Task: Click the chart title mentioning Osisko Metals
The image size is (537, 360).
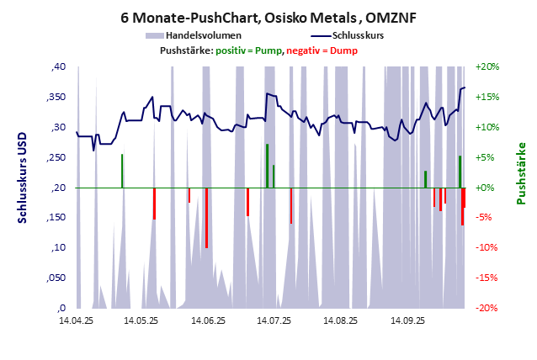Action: pos(268,16)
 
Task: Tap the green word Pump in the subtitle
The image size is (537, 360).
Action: pos(268,51)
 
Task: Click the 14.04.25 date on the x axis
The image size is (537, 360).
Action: pos(76,320)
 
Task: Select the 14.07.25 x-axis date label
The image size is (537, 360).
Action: pos(274,320)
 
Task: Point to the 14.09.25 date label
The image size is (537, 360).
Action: pos(406,320)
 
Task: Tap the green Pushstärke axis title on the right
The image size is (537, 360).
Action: pos(520,173)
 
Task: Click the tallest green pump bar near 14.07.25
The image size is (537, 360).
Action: pos(267,166)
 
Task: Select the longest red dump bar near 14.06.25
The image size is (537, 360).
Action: pos(206,218)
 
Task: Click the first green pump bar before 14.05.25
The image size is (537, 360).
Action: pos(122,171)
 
